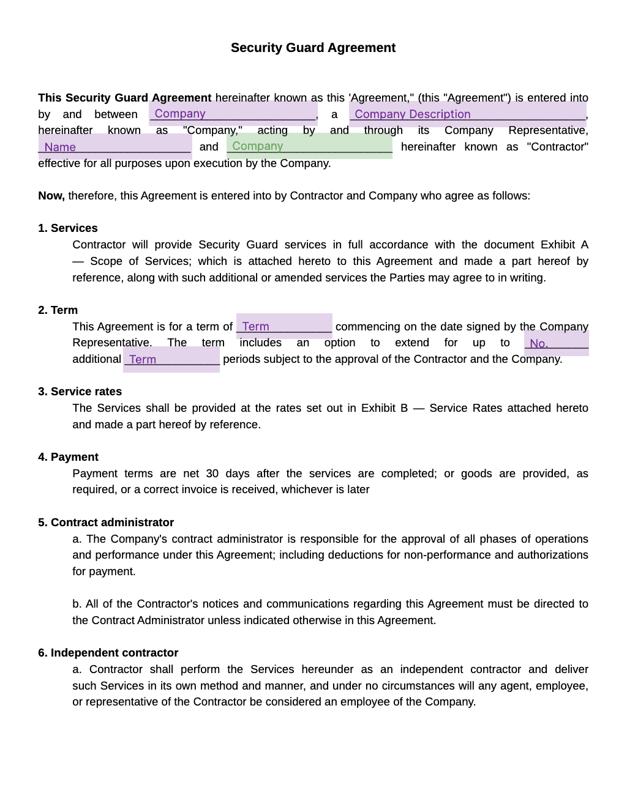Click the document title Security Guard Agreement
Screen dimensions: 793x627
(313, 48)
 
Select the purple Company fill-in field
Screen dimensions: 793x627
(233, 114)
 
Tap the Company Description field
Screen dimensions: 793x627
(468, 114)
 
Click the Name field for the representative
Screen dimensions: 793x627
(115, 147)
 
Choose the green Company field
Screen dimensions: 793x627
(309, 147)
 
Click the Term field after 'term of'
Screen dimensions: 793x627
(284, 326)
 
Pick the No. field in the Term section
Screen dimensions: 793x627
(557, 343)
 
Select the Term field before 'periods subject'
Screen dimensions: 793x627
(171, 360)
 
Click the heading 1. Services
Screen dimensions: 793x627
(68, 228)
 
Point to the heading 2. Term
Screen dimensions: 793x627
(58, 310)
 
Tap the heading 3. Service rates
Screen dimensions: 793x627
(80, 392)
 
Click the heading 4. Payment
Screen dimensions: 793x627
(68, 457)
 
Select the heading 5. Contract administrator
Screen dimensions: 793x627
(106, 523)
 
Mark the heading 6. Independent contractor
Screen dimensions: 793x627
(108, 653)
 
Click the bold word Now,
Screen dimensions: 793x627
(51, 196)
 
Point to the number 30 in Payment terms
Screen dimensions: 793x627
(212, 474)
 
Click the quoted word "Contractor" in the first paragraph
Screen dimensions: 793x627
(557, 147)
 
